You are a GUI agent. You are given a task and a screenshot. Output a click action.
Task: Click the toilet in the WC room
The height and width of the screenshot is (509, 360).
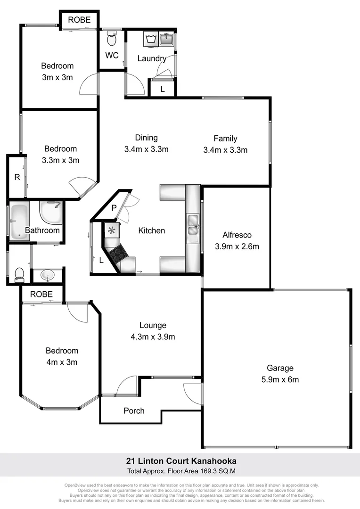coord(112,38)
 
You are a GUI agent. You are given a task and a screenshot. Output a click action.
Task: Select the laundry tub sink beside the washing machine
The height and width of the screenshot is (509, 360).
coord(167,39)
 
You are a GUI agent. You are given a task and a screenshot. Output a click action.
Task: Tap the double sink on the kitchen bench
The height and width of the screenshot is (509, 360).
coord(193,224)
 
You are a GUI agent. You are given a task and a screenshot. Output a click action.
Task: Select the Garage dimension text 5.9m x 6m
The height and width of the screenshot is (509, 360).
coord(280,379)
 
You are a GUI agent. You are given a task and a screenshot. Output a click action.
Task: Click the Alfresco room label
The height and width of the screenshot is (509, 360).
coord(237,235)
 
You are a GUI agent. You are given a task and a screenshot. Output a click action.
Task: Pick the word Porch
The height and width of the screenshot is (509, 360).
coord(134,410)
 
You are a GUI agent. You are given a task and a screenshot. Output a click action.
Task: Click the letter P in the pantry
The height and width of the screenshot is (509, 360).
coord(114,208)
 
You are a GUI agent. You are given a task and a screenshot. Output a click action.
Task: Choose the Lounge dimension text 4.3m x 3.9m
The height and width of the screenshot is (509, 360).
coord(153,337)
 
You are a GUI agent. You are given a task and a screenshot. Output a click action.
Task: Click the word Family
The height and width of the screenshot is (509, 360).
coord(225,139)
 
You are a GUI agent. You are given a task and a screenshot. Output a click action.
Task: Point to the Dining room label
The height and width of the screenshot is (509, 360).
coord(146,138)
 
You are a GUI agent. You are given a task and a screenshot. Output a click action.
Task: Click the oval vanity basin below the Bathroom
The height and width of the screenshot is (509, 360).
coord(47,274)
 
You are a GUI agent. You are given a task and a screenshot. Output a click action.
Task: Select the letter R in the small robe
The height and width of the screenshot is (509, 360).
coord(17,177)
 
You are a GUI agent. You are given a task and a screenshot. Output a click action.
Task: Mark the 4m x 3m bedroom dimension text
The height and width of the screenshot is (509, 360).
coord(62,362)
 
